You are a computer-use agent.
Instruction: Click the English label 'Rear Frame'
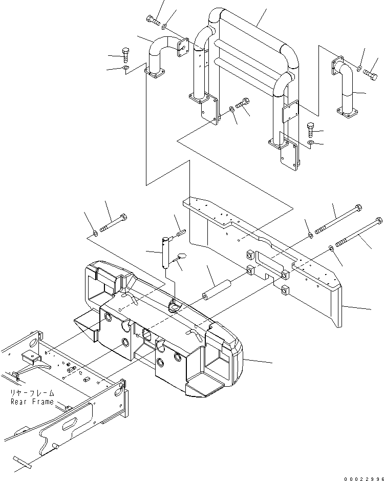[32, 402]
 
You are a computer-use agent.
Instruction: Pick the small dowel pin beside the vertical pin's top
[180, 235]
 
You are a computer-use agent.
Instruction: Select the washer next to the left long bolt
[95, 235]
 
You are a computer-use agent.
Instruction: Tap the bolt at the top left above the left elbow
[153, 20]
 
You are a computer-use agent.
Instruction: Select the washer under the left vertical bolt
[126, 68]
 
